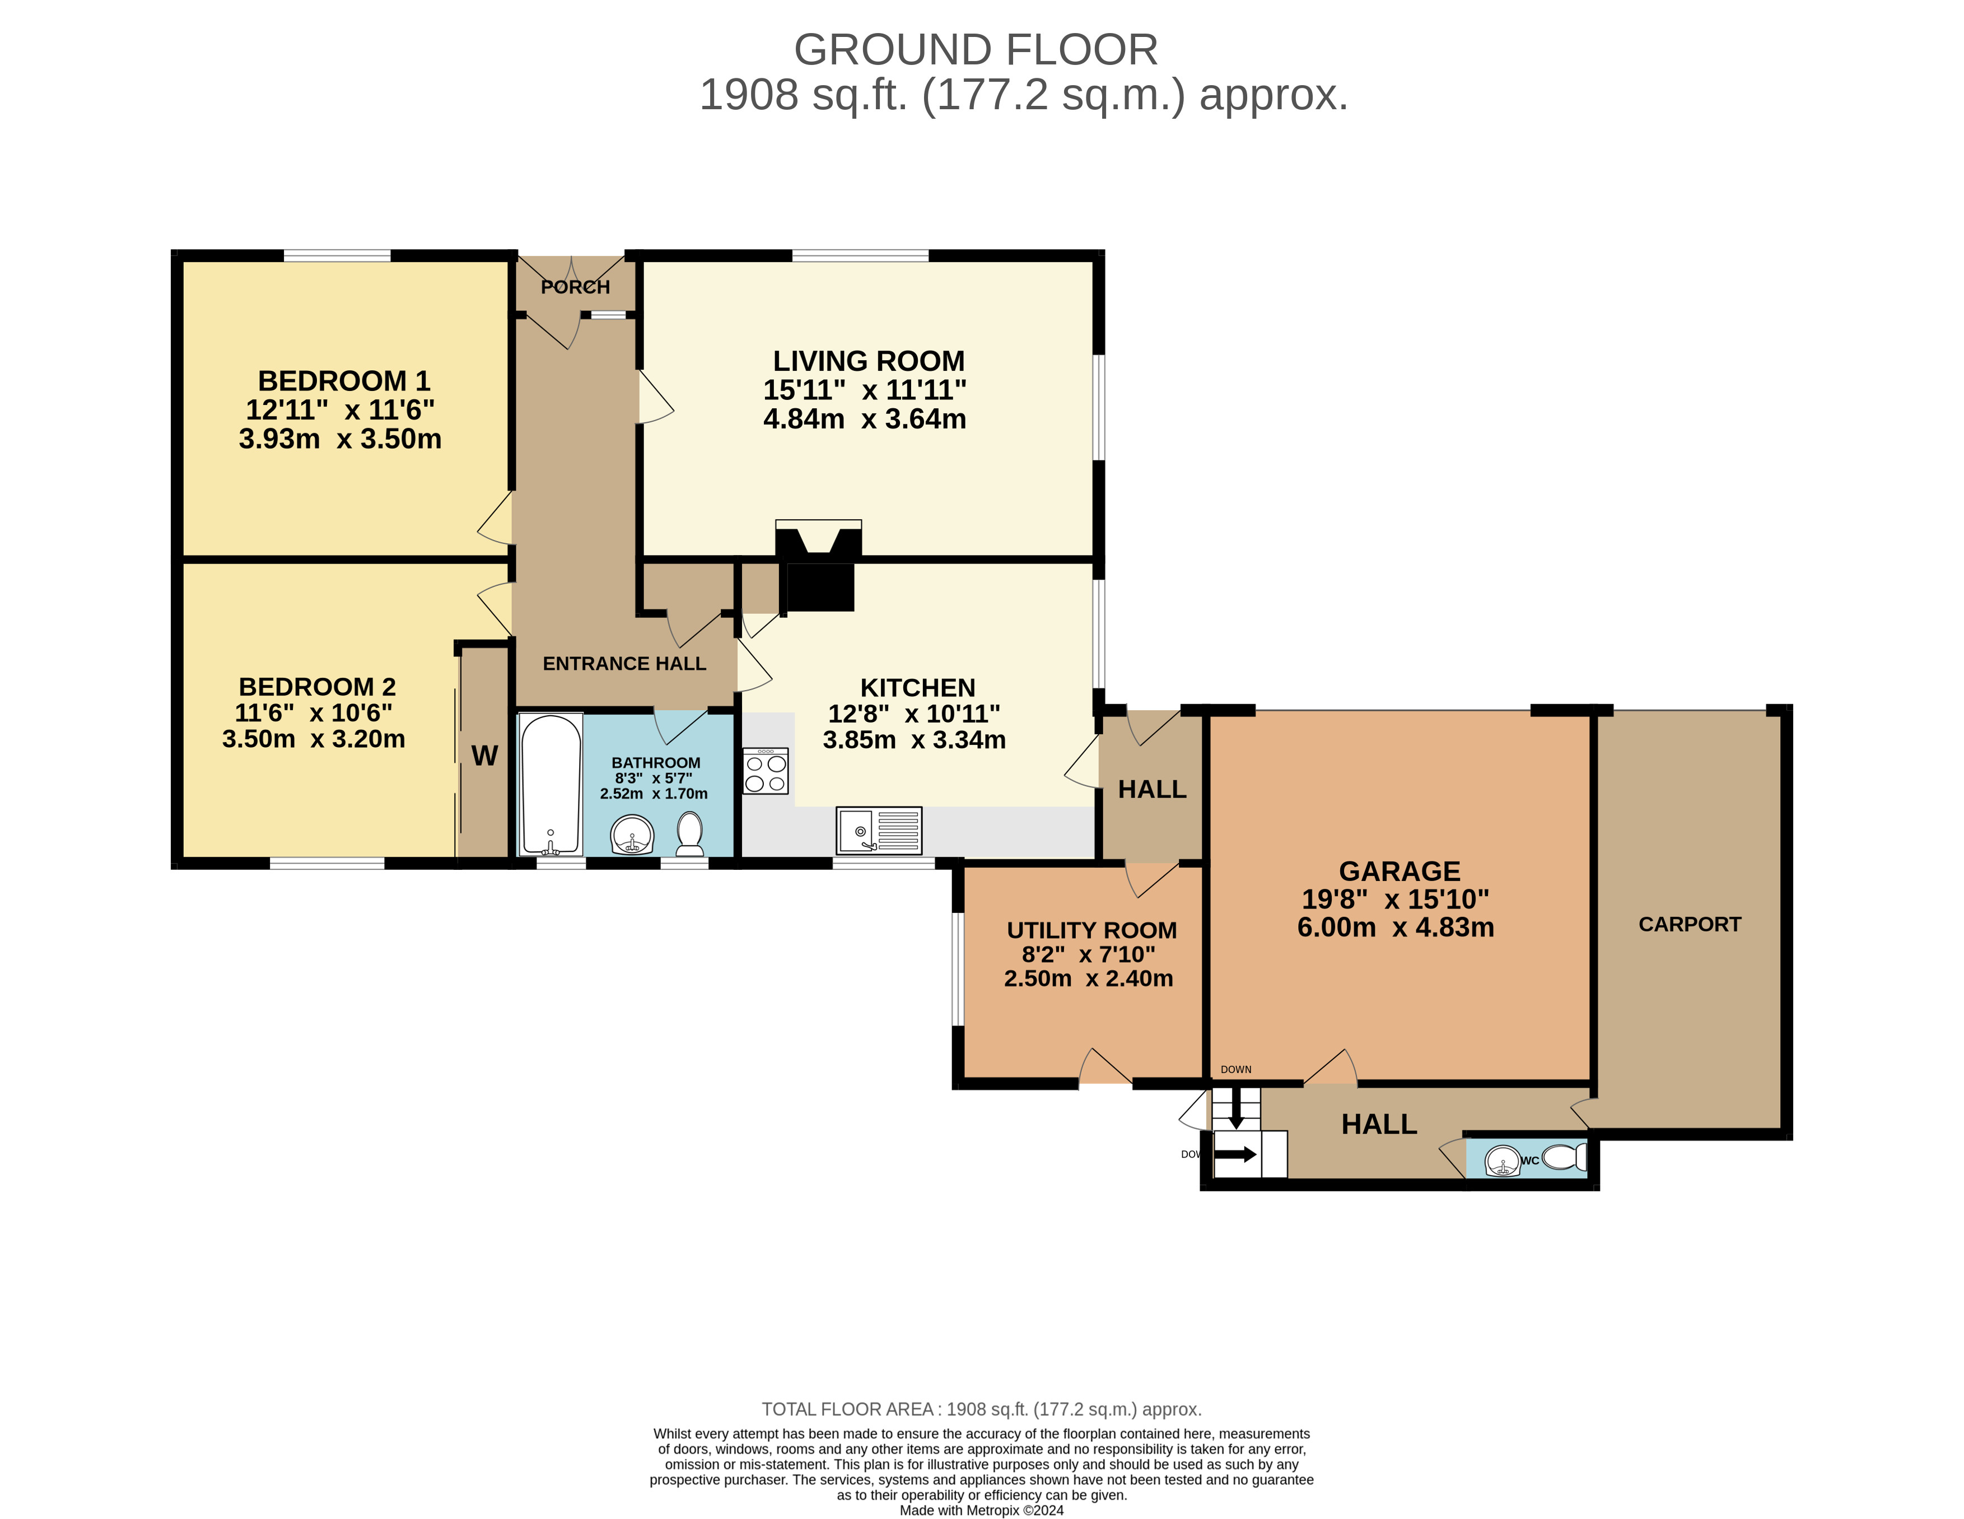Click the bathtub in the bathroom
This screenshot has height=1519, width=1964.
click(551, 784)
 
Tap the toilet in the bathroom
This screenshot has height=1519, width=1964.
click(690, 835)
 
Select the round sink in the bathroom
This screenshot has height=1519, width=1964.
click(632, 835)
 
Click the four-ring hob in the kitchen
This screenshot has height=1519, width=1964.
click(766, 771)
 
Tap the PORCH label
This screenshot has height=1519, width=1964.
click(576, 287)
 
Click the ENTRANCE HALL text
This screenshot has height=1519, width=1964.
click(624, 664)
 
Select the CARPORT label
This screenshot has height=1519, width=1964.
click(1690, 925)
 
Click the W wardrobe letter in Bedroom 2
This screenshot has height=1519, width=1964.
click(485, 756)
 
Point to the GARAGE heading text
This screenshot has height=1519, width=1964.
click(1399, 872)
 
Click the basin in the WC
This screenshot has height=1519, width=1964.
click(1503, 1160)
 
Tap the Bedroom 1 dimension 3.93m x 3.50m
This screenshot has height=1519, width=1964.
click(340, 439)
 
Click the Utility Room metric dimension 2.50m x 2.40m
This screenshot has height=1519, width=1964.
click(1088, 979)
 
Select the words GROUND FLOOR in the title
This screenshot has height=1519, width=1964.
click(976, 49)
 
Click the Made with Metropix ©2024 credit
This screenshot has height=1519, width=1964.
click(982, 1510)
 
